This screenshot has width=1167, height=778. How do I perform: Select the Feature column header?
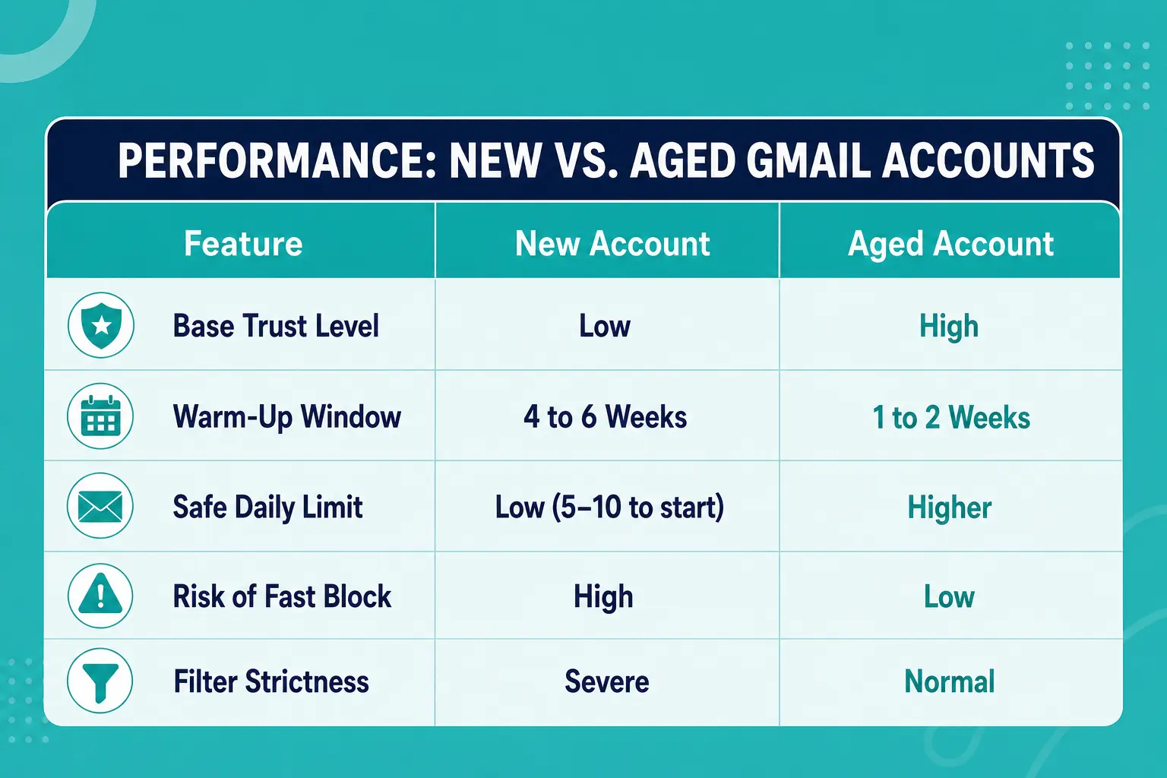(243, 243)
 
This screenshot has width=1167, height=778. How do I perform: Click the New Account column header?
(612, 243)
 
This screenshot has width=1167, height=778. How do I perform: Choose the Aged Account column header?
(950, 243)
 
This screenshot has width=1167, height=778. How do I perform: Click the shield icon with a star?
(101, 325)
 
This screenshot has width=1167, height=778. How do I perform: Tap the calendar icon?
(100, 416)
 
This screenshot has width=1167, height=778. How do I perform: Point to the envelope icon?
(100, 506)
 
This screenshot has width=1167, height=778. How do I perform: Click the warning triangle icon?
(100, 596)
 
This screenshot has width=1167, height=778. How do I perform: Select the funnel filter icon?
(100, 681)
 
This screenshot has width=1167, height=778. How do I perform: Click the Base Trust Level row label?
(276, 326)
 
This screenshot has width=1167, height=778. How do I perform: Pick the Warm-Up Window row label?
(287, 417)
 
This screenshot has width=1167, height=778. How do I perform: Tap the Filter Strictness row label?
(271, 682)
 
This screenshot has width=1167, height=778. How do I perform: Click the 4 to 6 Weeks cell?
(606, 417)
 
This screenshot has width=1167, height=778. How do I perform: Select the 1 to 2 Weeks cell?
(951, 417)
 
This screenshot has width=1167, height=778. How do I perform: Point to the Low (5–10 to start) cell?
(609, 508)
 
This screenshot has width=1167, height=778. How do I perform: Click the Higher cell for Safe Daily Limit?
(949, 508)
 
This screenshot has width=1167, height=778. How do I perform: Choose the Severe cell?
(607, 682)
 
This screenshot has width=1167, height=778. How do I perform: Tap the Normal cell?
(949, 682)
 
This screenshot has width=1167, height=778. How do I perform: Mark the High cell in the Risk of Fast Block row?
(603, 597)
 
